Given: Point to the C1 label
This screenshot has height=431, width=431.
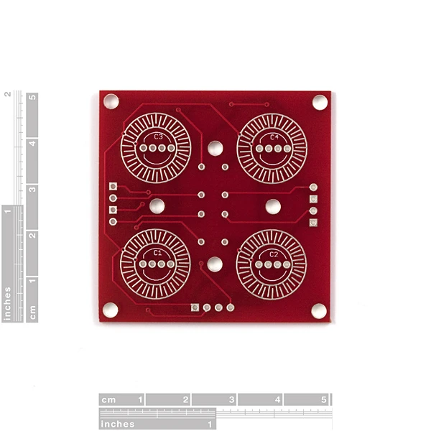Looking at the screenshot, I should (157, 254).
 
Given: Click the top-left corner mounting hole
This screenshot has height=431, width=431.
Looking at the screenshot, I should (111, 102).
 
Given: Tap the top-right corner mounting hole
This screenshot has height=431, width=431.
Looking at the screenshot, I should (320, 102).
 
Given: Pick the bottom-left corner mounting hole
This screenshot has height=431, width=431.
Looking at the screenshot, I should (110, 310).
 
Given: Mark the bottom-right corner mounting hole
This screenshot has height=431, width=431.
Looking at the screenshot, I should (319, 310).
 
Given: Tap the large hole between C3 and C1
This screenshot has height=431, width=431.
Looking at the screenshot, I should (157, 206).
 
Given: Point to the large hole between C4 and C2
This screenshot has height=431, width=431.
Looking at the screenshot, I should (273, 206).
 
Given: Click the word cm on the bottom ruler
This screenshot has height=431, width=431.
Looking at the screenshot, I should (108, 399).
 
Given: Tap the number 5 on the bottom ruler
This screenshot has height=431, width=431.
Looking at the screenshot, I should (323, 399).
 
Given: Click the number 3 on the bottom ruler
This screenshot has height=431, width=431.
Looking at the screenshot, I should (231, 399).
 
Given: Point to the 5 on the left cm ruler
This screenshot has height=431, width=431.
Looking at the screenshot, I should (32, 100).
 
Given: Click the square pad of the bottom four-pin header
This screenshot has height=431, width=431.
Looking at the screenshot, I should (195, 307).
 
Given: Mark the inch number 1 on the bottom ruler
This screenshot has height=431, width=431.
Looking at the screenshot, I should (210, 424).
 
